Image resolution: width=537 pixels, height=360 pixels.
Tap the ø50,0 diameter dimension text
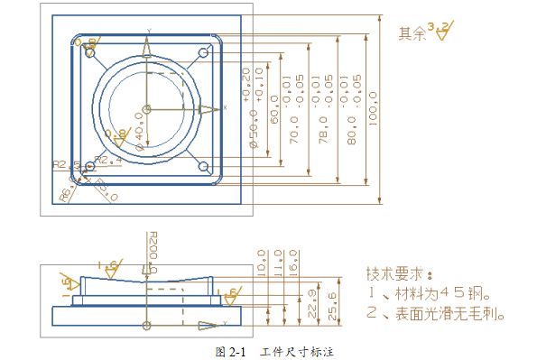tap(254, 131)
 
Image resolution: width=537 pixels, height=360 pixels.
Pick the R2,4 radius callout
tap(107, 160)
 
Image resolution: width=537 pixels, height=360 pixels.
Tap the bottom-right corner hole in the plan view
tap(203, 167)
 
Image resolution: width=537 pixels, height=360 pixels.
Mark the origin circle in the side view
tap(148, 324)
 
